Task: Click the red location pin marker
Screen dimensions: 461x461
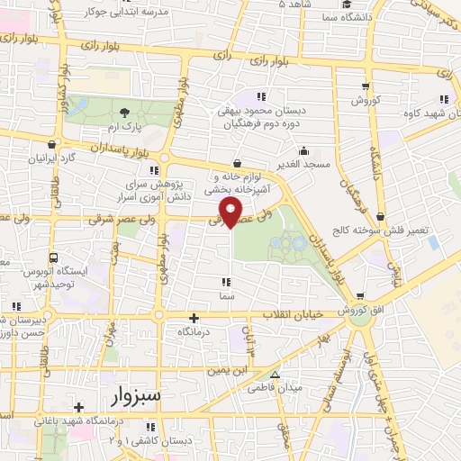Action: click(233, 212)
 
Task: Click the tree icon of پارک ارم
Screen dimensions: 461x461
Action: click(124, 111)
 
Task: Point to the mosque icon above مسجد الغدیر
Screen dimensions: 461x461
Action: click(303, 150)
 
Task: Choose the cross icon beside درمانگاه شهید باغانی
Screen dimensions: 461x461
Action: click(79, 406)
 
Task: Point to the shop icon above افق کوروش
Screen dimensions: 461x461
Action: click(359, 296)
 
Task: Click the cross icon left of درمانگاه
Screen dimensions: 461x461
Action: click(194, 317)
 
